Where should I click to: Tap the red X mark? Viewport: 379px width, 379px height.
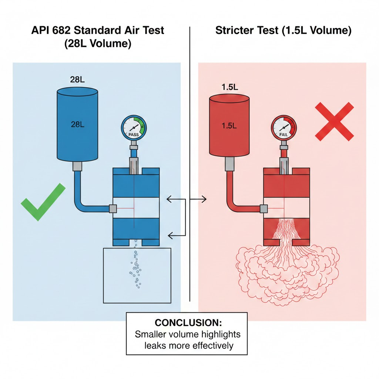[x=334, y=122]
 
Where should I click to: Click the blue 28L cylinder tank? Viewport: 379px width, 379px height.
[x=77, y=126]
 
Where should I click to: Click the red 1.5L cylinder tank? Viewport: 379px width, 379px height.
[x=229, y=126]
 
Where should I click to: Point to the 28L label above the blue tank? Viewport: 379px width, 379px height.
[x=77, y=80]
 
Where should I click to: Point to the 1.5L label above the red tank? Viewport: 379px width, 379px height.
[x=229, y=87]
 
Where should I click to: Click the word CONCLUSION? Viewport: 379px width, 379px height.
[x=187, y=322]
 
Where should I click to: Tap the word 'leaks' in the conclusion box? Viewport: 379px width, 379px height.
[x=155, y=346]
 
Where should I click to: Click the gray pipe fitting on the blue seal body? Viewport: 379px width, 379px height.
[x=113, y=209]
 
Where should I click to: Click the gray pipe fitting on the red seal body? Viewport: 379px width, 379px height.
[x=264, y=209]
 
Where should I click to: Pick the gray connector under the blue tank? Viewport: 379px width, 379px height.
[x=77, y=167]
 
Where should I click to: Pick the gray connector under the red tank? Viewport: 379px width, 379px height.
[x=229, y=162]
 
